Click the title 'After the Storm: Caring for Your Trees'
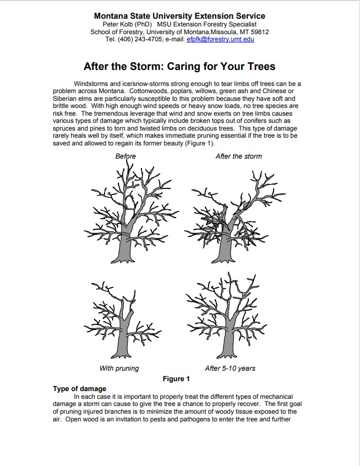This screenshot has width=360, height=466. coord(179,67)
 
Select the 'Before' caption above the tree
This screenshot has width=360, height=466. coord(126,156)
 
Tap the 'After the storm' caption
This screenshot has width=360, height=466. coord(238,156)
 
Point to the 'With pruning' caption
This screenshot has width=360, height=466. coord(119,368)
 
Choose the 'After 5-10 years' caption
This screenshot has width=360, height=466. coord(230,368)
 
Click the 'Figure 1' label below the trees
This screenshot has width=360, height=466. coord(176,379)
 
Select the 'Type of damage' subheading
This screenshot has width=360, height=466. coord(79,389)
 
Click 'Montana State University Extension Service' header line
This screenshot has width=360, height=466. coord(179,16)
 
